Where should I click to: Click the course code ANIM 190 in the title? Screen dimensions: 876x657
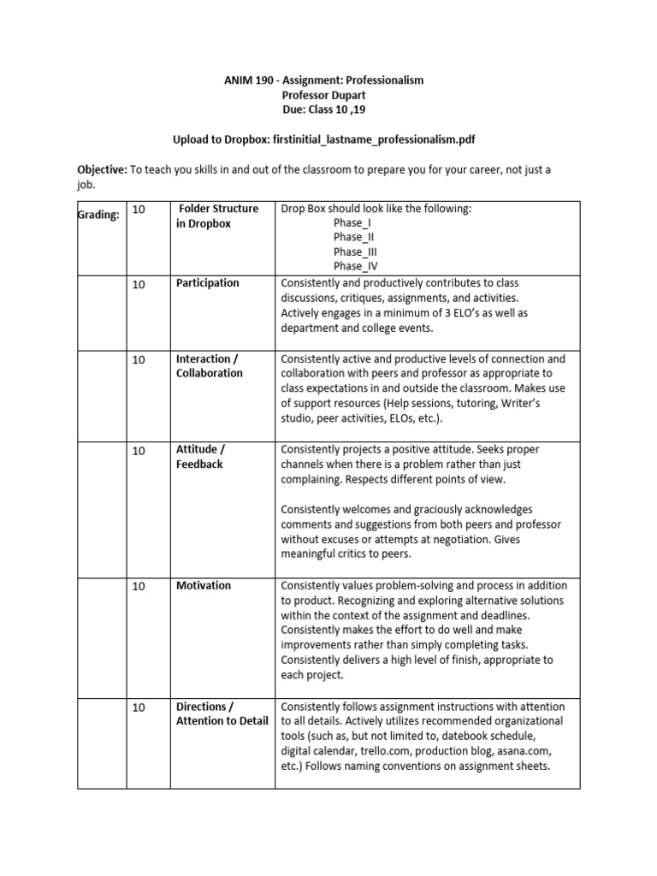(249, 80)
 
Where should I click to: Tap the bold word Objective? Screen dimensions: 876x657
(102, 169)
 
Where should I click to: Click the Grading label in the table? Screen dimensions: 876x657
(98, 216)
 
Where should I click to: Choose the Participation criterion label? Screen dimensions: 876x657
(208, 283)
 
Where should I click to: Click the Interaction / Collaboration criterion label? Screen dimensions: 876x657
(210, 366)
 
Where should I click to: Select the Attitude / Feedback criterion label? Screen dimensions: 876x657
(201, 456)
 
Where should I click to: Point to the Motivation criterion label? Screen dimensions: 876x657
(204, 585)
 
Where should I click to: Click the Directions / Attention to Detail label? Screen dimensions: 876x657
(222, 713)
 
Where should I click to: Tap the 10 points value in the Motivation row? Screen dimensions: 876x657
(139, 586)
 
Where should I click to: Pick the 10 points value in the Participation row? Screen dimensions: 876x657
(139, 285)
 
